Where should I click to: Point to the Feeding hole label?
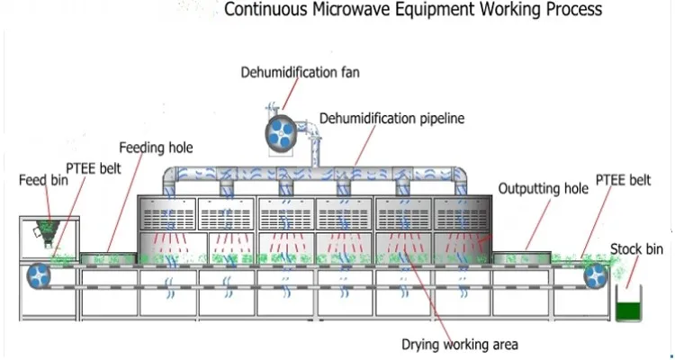tap(157, 147)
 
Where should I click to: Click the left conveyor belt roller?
tap(40, 274)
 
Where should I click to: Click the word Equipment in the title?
tap(435, 12)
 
